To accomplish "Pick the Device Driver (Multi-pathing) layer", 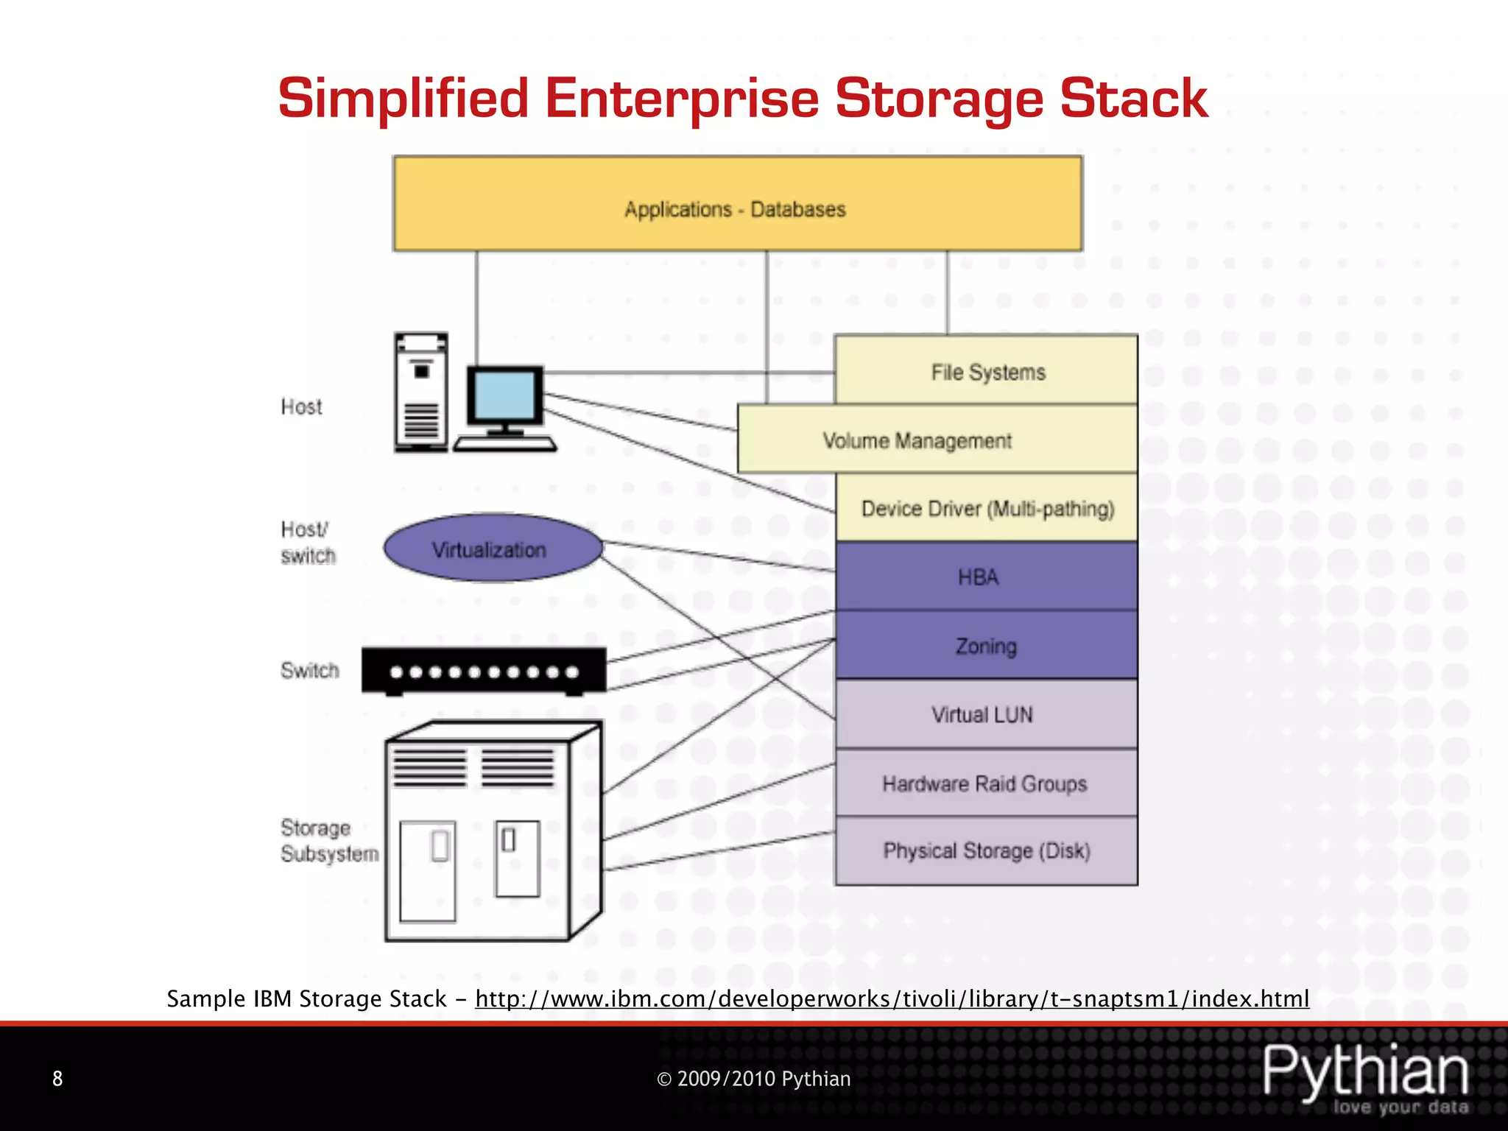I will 987,508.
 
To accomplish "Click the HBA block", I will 987,577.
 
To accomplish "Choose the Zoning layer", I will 987,645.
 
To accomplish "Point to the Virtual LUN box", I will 987,714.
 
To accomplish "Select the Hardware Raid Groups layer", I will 987,783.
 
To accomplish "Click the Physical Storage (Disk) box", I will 987,850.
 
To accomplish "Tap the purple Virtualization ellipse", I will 492,549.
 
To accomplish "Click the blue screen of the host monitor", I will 505,395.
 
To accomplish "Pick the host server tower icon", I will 421,392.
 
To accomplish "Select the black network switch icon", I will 484,671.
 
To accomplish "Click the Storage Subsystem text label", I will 328,840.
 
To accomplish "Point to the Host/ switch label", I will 307,542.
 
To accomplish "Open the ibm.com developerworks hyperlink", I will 892,998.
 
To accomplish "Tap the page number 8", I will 57,1079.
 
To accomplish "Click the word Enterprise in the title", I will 681,98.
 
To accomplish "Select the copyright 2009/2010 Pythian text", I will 753,1079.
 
